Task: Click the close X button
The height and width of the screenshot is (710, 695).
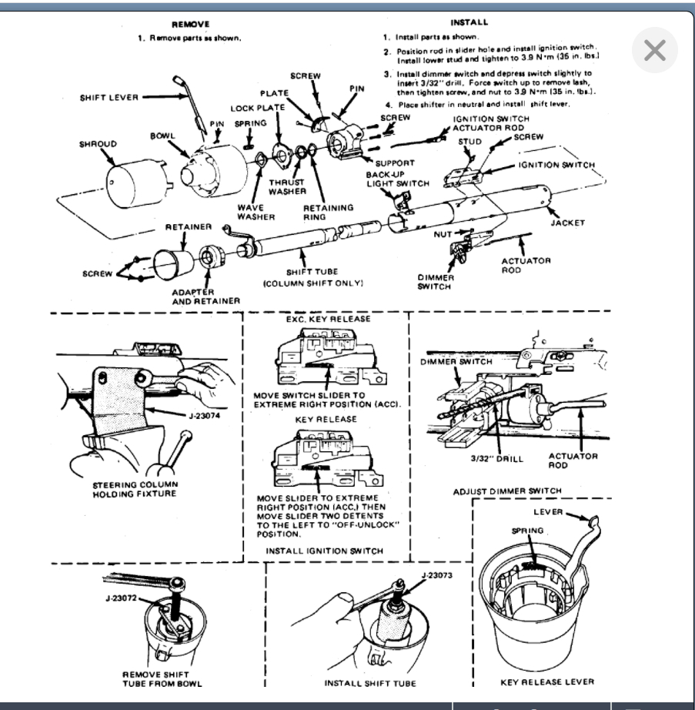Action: [x=654, y=51]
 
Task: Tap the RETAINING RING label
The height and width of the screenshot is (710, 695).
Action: [x=329, y=212]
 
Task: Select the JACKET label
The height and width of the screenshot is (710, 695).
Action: [x=568, y=223]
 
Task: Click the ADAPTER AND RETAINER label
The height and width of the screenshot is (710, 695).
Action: [x=205, y=296]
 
